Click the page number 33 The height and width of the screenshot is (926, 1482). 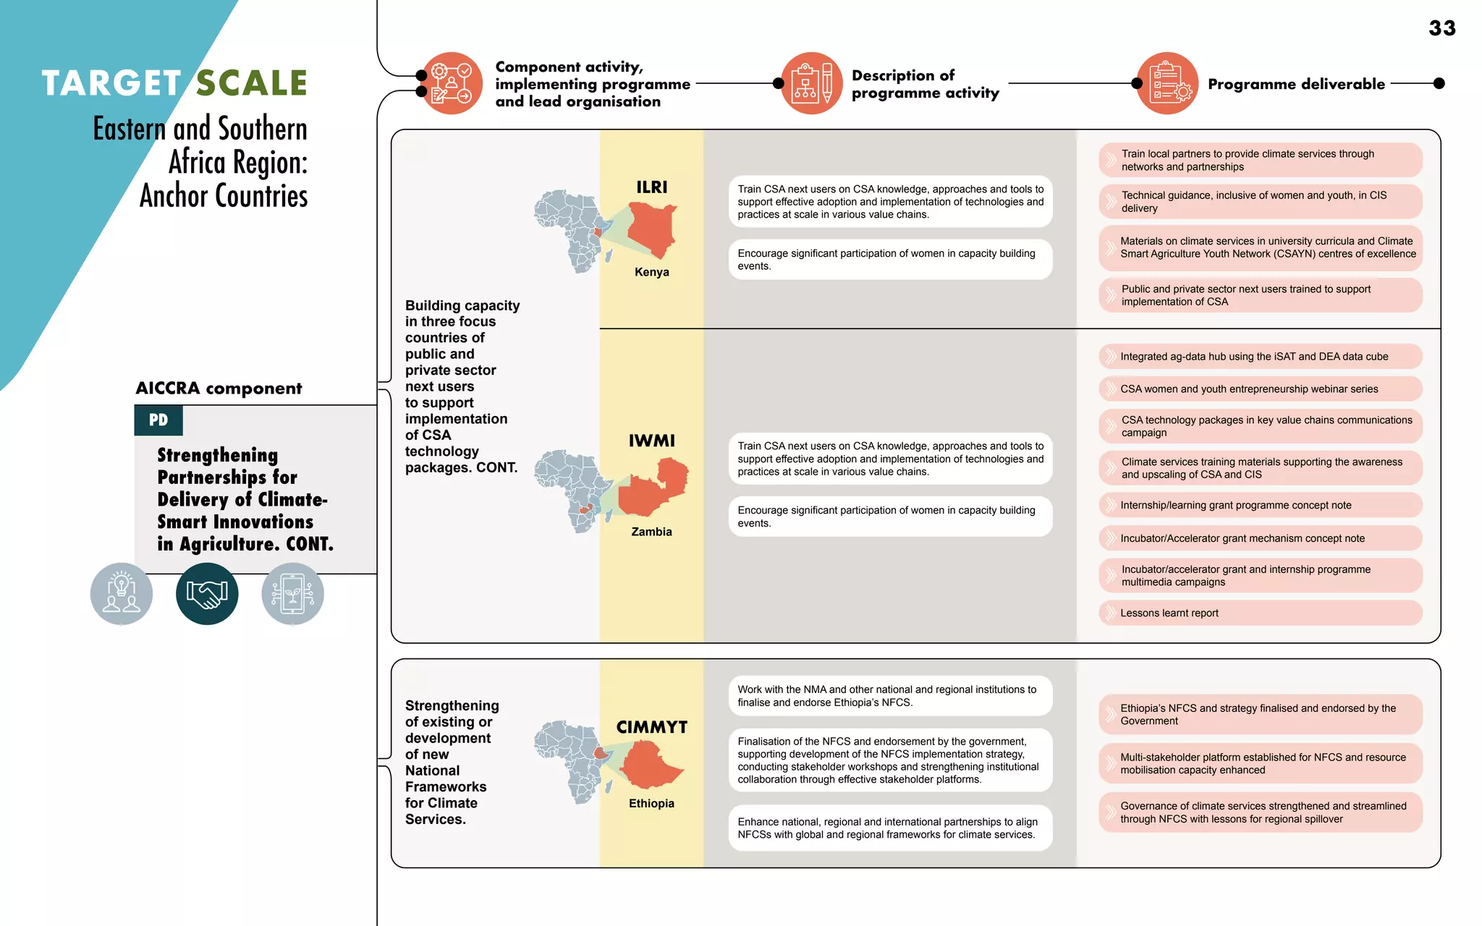pos(1441,28)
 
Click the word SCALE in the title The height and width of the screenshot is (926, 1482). pos(252,83)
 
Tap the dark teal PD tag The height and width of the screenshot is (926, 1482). pos(158,420)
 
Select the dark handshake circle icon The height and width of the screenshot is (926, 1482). pos(207,594)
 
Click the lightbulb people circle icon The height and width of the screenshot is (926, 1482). pos(122,594)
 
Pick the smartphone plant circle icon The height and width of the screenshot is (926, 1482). pos(292,594)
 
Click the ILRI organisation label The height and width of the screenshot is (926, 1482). pos(651,187)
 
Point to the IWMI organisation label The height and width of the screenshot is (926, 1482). pos(651,441)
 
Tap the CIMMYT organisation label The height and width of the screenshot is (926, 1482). pos(651,727)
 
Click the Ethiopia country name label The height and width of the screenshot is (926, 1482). pos(651,803)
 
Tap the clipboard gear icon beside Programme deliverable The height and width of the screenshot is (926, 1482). pos(1168,83)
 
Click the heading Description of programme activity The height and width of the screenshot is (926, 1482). pos(925,84)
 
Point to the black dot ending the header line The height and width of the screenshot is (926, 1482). pos(1439,83)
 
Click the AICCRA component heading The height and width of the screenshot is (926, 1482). pos(219,388)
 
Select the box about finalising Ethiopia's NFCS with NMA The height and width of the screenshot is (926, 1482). pos(890,696)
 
